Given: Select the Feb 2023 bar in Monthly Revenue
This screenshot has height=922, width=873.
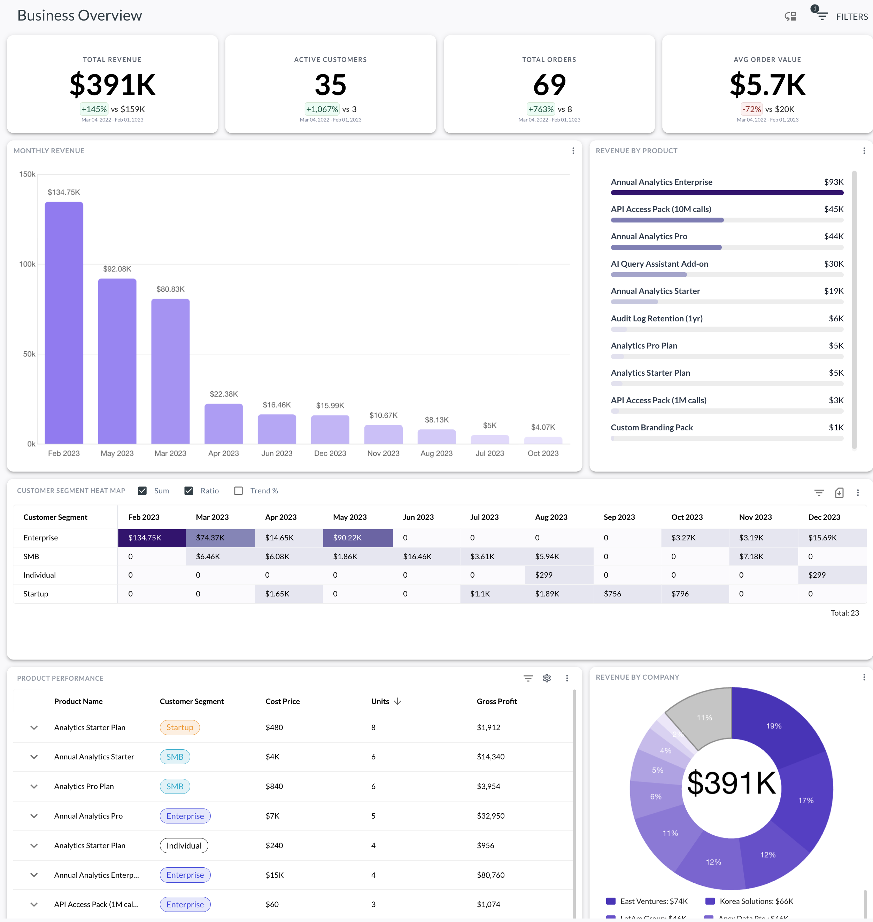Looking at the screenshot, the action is click(64, 323).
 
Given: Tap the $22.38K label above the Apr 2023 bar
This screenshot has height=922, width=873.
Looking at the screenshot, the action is click(224, 394).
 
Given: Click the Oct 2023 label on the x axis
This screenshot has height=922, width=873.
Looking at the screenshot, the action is click(543, 453).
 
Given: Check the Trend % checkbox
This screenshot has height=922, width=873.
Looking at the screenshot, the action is click(239, 491).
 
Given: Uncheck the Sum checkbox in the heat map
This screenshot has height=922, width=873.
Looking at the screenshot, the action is click(142, 491).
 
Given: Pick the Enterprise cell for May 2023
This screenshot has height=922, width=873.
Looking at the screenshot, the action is click(358, 538).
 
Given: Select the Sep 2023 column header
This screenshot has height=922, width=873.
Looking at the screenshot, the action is click(619, 517).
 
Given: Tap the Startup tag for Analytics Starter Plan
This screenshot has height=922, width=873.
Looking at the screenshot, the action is click(180, 728).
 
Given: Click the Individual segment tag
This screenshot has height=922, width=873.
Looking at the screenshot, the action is click(184, 846).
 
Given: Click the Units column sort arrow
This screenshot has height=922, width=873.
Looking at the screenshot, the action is click(397, 702).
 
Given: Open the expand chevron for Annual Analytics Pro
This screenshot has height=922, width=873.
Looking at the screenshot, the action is click(34, 816).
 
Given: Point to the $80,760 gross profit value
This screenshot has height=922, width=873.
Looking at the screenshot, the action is click(490, 875).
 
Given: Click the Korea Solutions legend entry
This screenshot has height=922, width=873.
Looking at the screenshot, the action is click(749, 901).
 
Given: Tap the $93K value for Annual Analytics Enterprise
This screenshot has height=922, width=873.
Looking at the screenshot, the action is click(833, 182).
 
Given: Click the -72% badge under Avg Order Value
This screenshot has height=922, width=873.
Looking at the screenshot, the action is click(751, 109).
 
